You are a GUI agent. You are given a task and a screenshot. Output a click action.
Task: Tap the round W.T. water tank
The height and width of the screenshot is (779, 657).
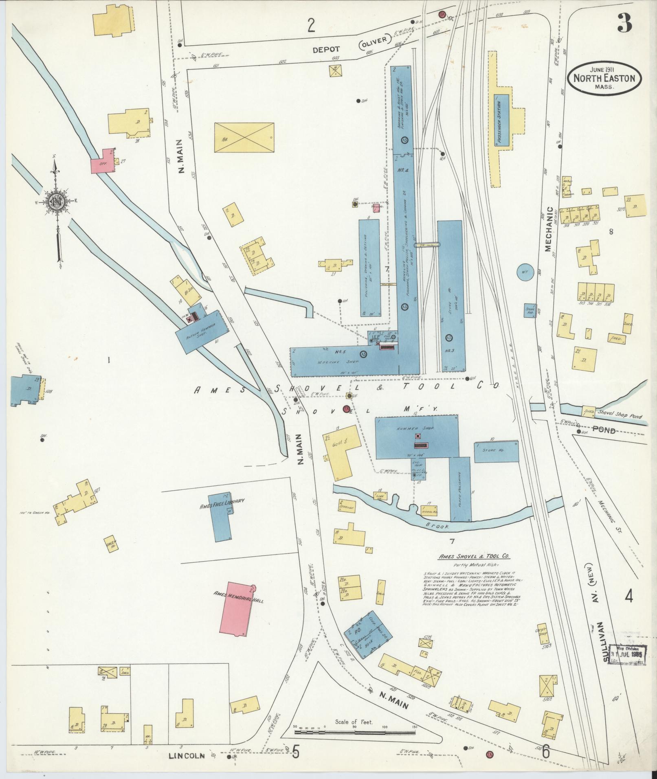tap(525, 272)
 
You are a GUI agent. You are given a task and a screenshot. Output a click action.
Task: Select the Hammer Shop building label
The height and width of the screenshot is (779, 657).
tap(417, 429)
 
